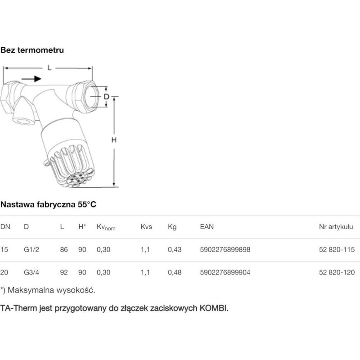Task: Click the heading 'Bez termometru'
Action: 32,50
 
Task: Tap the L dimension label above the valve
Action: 49,68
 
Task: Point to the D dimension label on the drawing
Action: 106,97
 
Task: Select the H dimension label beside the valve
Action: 114,140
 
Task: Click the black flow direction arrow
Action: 31,79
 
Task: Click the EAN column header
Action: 207,227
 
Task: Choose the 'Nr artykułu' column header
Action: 336,227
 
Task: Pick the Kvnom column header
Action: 106,227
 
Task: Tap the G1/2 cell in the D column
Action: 31,249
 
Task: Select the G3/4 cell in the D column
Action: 31,272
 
